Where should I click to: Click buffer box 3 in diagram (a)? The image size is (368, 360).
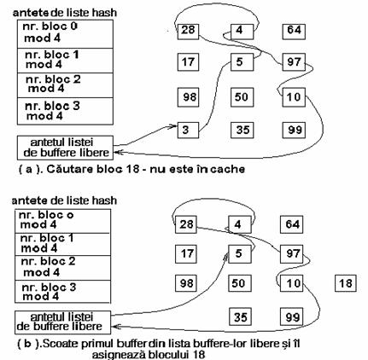pyautogui.click(x=188, y=131)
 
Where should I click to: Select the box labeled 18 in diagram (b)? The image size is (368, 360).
pyautogui.click(x=346, y=283)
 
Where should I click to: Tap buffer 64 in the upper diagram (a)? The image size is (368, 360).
pyautogui.click(x=294, y=32)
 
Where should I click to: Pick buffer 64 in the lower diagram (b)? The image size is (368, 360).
pyautogui.click(x=292, y=224)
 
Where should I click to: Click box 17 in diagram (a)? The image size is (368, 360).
pyautogui.click(x=188, y=62)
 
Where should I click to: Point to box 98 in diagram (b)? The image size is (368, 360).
pyautogui.click(x=186, y=283)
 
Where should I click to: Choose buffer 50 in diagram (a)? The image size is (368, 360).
pyautogui.click(x=242, y=97)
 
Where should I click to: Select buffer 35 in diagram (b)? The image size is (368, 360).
pyautogui.click(x=240, y=316)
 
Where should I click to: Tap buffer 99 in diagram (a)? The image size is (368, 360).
pyautogui.click(x=294, y=130)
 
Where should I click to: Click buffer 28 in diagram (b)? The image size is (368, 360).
pyautogui.click(x=186, y=224)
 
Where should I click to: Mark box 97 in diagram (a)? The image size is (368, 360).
pyautogui.click(x=294, y=62)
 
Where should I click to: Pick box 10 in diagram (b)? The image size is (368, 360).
pyautogui.click(x=292, y=283)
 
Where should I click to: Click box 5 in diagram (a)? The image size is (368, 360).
pyautogui.click(x=242, y=62)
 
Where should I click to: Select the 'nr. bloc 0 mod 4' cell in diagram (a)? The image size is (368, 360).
pyautogui.click(x=65, y=34)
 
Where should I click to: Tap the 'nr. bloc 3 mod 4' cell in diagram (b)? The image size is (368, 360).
pyautogui.click(x=62, y=292)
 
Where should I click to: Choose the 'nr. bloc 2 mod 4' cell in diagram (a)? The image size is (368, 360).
pyautogui.click(x=65, y=85)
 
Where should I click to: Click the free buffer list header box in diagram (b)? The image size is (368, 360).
pyautogui.click(x=62, y=322)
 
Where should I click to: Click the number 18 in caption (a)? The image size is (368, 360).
pyautogui.click(x=132, y=169)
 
